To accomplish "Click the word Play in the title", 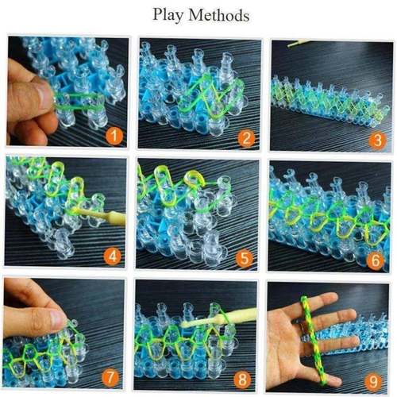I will (x=168, y=15).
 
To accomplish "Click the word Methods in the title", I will (x=218, y=15).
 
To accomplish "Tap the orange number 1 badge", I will (x=116, y=137).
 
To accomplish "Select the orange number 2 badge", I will (x=247, y=138).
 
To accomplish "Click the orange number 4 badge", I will (x=115, y=256).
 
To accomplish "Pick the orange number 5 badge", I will (x=247, y=257).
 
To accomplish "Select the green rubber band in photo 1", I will (x=79, y=99).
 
